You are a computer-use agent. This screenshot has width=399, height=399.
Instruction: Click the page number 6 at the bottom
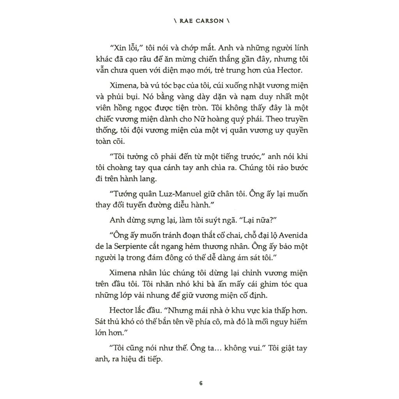pos(201,383)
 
